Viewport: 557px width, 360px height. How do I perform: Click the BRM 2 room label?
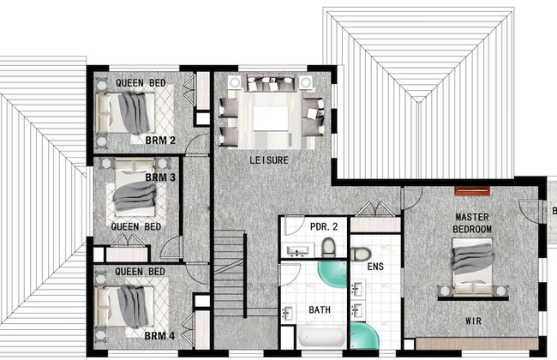(x=160, y=141)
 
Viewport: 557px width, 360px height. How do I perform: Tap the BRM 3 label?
(x=160, y=177)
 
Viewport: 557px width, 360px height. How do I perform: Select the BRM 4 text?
(x=159, y=335)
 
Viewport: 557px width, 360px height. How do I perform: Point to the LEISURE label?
(x=269, y=160)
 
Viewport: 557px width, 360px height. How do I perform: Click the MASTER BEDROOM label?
(x=472, y=223)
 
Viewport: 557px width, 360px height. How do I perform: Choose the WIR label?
(x=474, y=321)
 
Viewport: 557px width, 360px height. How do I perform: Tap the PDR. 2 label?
(x=324, y=226)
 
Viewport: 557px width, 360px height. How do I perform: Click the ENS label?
(x=375, y=267)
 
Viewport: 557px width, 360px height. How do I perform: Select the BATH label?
(x=320, y=310)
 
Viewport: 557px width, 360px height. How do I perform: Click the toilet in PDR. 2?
(x=328, y=248)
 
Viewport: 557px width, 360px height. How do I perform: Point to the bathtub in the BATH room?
(x=321, y=337)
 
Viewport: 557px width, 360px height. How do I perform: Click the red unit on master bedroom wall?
(x=472, y=191)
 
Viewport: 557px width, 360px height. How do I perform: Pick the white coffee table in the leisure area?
(x=271, y=118)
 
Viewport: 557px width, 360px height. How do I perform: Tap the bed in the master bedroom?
(x=472, y=267)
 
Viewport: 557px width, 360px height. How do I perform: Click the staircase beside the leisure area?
(x=230, y=273)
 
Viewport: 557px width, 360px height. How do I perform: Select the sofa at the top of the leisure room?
(x=271, y=83)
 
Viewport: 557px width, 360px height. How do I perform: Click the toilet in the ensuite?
(x=361, y=254)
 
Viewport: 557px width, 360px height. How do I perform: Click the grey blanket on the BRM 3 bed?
(x=135, y=195)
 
